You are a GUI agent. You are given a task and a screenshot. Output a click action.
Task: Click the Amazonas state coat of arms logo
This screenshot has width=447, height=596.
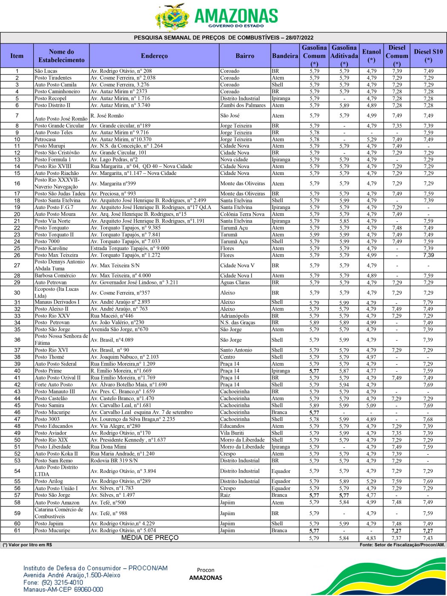tap(172, 17)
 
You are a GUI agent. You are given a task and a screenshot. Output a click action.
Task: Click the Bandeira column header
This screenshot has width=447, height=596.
tap(285, 56)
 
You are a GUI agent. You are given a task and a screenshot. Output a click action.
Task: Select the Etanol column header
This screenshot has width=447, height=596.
tap(371, 56)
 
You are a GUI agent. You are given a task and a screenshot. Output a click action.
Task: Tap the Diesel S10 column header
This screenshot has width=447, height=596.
tap(428, 56)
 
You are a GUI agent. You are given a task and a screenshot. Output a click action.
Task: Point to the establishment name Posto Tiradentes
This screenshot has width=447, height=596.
tap(53, 78)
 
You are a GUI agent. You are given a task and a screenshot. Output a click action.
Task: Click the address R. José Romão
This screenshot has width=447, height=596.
tap(107, 115)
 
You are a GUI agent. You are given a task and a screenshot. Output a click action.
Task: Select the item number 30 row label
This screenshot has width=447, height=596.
tap(17, 292)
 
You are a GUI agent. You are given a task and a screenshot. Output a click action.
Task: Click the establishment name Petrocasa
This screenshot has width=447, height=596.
tap(45, 139)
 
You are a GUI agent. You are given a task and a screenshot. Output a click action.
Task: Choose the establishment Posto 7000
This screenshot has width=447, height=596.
tap(47, 241)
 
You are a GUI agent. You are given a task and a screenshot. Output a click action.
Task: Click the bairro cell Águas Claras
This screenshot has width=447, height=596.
tap(235, 282)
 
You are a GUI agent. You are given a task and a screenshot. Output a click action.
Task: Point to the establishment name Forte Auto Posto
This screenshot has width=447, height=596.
tap(54, 384)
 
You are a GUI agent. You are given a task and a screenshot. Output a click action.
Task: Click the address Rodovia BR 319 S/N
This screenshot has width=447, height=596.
tap(114, 461)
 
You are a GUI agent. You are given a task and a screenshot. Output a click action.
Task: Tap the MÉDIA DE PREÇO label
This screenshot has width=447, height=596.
tap(150, 538)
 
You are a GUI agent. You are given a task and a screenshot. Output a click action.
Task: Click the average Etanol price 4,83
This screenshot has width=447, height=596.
tap(371, 538)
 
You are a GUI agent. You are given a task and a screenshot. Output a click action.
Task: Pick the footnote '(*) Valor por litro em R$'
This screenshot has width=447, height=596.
tap(27, 545)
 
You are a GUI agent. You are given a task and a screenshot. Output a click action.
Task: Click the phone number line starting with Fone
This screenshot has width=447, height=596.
tap(53, 582)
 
